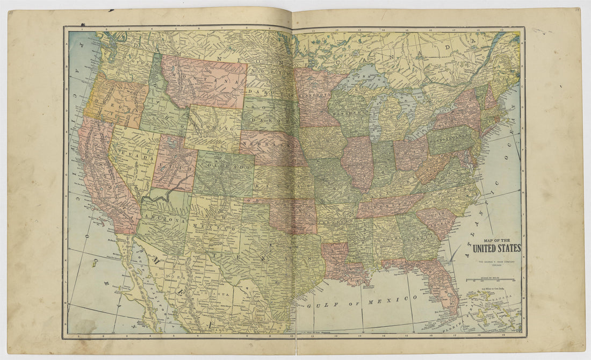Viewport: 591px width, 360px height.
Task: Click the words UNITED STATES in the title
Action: pos(495,248)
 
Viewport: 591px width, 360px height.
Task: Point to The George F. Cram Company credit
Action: pos(495,262)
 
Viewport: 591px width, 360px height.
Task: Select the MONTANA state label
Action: pos(205,81)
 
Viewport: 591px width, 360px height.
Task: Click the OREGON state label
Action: pos(116,102)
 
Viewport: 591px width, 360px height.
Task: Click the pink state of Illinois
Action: pos(357,161)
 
